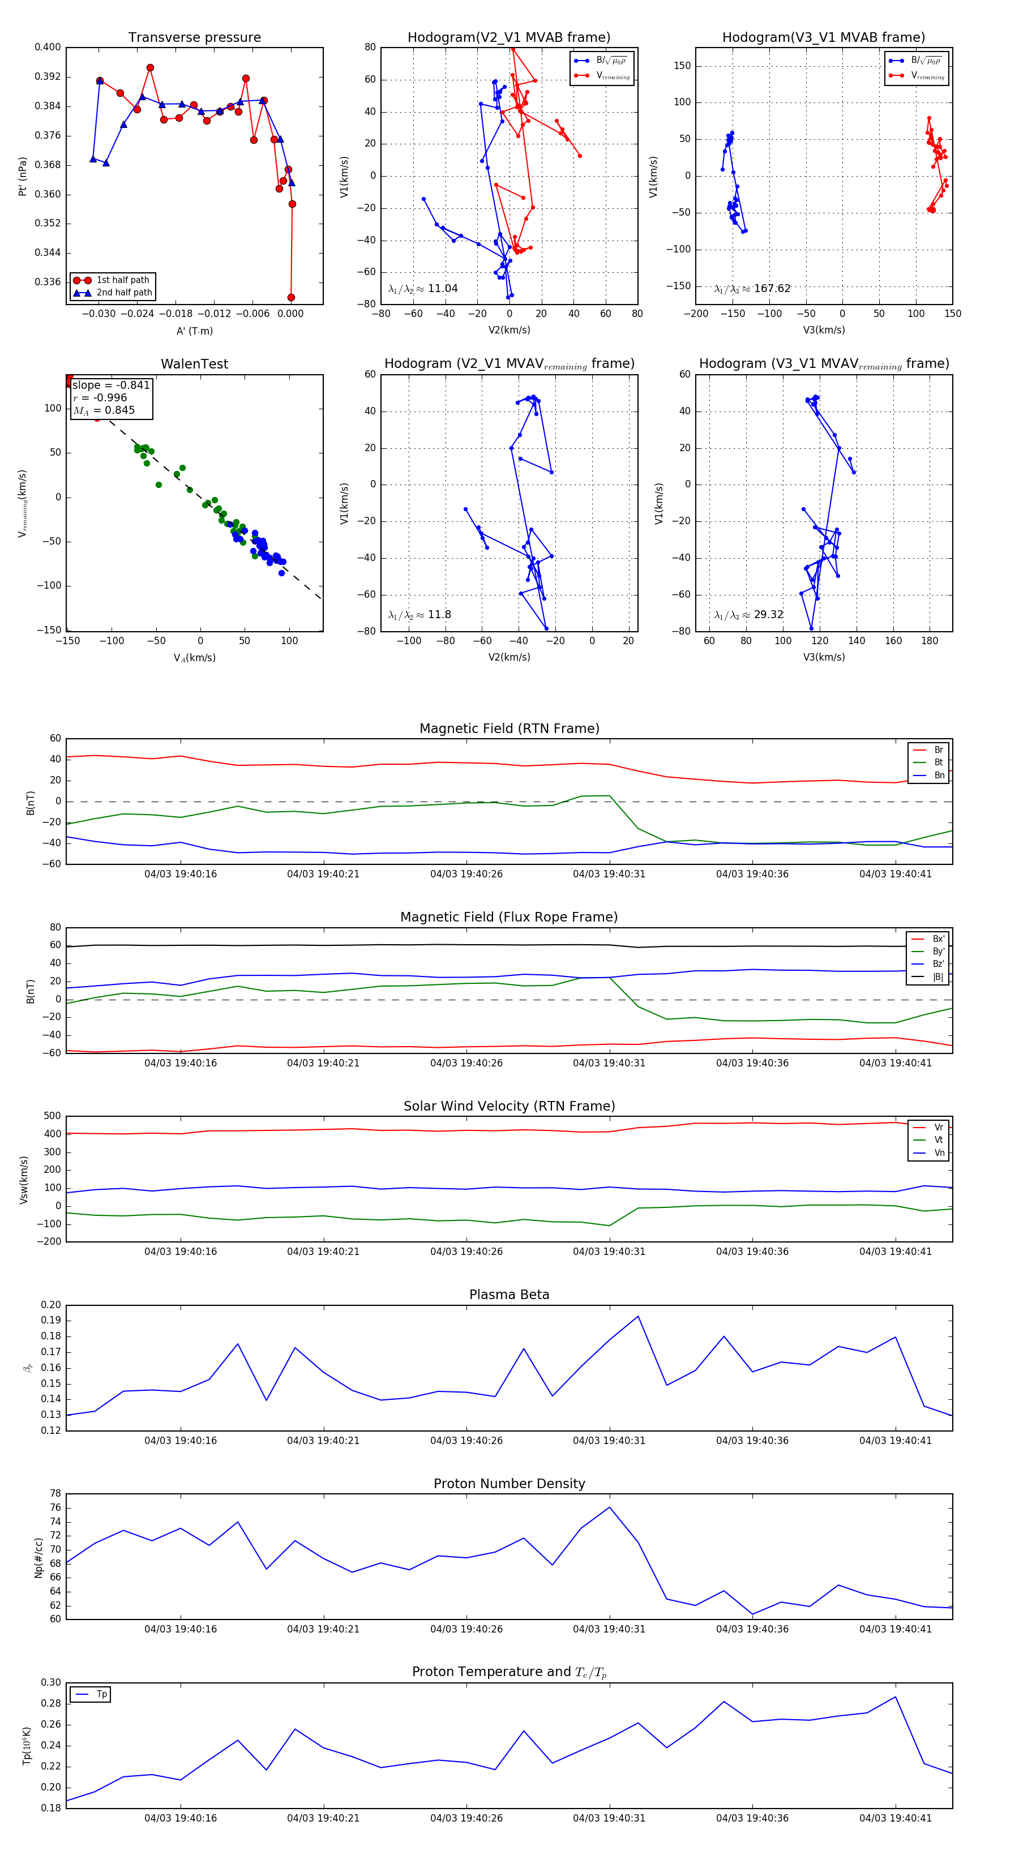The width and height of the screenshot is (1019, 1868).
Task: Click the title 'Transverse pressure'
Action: pos(194,38)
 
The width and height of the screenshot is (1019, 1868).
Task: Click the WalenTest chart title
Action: pos(194,364)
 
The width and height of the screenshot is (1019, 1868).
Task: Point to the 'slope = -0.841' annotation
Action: pos(111,385)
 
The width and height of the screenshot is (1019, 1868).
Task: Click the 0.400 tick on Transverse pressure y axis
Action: pos(48,47)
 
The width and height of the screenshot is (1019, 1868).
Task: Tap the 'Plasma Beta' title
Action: pos(509,1295)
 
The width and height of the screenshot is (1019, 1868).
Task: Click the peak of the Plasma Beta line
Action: pos(638,1316)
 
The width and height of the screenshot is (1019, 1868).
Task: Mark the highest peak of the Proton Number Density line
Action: pos(609,1507)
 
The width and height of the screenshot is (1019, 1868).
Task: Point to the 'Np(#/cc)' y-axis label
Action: pos(38,1558)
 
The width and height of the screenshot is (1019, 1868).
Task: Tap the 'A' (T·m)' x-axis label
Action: pos(194,331)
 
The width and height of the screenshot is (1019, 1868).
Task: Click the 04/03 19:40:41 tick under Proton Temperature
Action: pos(895,1818)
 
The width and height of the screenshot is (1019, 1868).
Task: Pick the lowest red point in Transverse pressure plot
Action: pos(291,297)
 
